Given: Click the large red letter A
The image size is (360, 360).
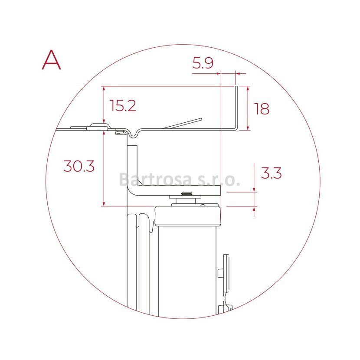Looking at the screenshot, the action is pyautogui.click(x=52, y=60).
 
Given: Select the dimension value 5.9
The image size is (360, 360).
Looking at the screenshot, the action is pyautogui.click(x=203, y=63).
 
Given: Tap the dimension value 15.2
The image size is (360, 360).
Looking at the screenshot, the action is pyautogui.click(x=123, y=105).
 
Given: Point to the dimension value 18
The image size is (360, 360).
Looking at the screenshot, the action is pyautogui.click(x=262, y=109).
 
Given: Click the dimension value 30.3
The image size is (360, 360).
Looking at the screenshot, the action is pyautogui.click(x=79, y=166).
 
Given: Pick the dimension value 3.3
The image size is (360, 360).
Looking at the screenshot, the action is pyautogui.click(x=271, y=173).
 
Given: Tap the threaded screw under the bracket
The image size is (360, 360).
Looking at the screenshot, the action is pyautogui.click(x=187, y=194).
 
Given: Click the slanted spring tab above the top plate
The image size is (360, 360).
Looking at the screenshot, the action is pyautogui.click(x=182, y=124).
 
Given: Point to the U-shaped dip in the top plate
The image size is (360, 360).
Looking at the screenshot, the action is pyautogui.click(x=134, y=135).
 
